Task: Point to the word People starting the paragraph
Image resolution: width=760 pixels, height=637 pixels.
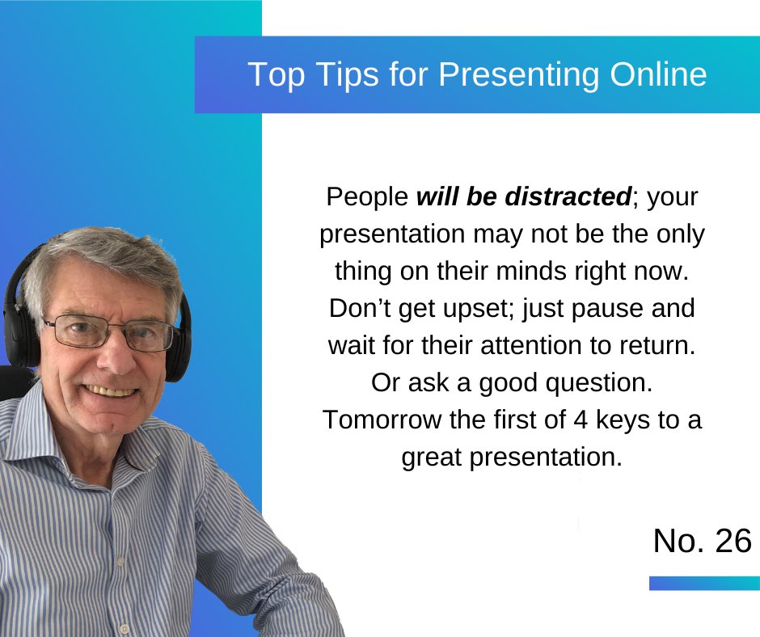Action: click(x=366, y=196)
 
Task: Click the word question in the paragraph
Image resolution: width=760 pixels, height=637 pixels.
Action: click(x=597, y=383)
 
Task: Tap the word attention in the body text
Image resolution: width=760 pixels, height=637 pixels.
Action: click(x=551, y=346)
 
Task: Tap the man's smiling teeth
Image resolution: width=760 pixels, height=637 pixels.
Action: click(x=114, y=389)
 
